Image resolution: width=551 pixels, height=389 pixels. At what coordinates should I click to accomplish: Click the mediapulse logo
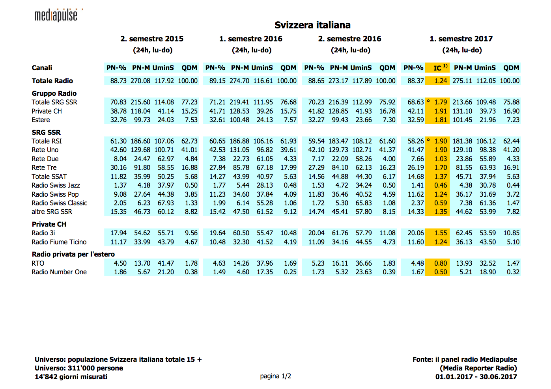(x=56, y=15)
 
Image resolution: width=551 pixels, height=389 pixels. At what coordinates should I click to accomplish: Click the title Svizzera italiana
(x=312, y=25)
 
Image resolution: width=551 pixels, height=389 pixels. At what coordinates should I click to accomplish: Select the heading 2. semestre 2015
(x=152, y=39)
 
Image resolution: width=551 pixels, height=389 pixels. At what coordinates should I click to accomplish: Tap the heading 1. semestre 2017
(x=461, y=39)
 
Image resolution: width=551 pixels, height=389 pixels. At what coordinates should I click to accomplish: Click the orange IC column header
(x=438, y=68)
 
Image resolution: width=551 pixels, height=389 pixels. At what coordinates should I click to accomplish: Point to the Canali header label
(x=42, y=68)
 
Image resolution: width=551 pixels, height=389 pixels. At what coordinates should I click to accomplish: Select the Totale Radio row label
(x=52, y=81)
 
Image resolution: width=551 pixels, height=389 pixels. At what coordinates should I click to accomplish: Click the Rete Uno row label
(x=45, y=150)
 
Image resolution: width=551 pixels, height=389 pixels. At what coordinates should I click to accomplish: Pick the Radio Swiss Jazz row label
(x=56, y=185)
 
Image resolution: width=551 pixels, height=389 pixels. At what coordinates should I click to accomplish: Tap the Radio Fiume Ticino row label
(x=59, y=242)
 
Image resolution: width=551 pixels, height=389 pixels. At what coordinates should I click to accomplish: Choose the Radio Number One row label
(x=59, y=272)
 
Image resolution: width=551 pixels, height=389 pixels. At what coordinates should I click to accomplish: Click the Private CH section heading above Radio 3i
(x=49, y=224)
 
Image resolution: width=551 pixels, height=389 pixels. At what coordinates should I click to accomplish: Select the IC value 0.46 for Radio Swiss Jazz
(x=441, y=185)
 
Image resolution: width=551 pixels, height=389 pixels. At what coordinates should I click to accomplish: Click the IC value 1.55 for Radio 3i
(x=441, y=233)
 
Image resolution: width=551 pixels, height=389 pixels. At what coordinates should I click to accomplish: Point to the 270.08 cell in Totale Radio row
(x=140, y=81)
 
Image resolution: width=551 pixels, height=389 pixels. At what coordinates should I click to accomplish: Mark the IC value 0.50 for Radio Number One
(x=441, y=272)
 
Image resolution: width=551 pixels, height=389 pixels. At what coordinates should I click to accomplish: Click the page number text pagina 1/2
(x=275, y=376)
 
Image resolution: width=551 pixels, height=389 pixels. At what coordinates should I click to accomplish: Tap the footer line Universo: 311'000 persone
(x=79, y=368)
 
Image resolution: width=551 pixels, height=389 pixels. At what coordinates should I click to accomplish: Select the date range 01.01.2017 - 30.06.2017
(x=476, y=377)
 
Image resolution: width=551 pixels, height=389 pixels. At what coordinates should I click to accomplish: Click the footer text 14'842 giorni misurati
(x=71, y=377)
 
